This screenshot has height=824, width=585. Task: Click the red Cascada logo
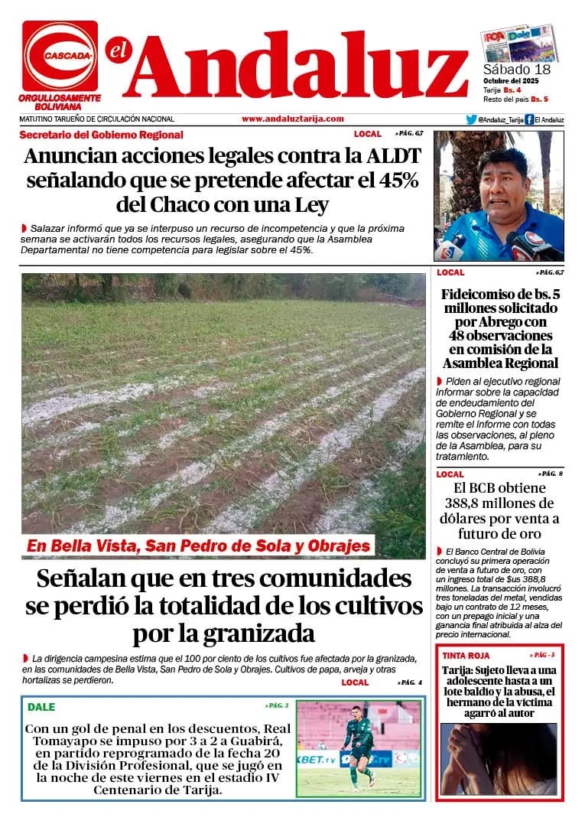point(60,56)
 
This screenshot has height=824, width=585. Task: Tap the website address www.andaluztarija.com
point(292,119)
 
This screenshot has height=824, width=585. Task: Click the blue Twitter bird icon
point(471,119)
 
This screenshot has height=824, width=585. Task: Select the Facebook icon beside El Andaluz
point(529,119)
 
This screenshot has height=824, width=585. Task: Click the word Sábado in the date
point(507,70)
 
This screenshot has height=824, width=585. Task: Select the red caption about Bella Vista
point(198,546)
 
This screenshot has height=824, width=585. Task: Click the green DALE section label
point(41,707)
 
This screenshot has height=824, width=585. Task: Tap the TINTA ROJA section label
point(466,656)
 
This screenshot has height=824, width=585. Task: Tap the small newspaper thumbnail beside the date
point(519,44)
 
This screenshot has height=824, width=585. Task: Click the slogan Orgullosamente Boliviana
point(60,103)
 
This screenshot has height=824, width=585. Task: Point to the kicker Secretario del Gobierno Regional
point(101,135)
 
